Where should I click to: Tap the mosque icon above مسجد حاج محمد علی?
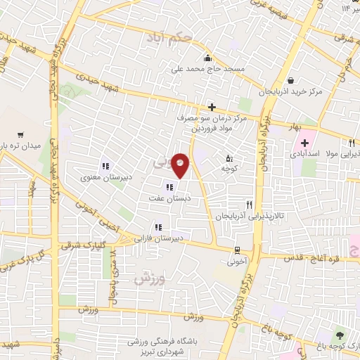(207, 59)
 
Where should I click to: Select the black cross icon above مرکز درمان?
(211, 107)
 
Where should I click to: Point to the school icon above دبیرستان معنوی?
(105, 166)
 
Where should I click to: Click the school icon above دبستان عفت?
(169, 187)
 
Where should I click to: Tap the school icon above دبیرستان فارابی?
(158, 227)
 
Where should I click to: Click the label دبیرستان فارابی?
(158, 238)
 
